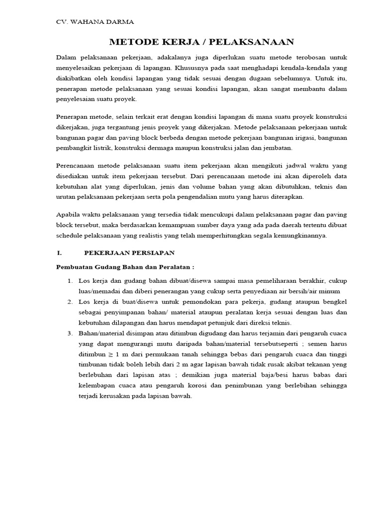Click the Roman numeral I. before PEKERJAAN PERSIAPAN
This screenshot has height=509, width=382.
[x=59, y=253]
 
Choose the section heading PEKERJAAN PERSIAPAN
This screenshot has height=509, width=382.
[x=129, y=253]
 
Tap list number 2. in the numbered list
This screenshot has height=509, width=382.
[x=71, y=302]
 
